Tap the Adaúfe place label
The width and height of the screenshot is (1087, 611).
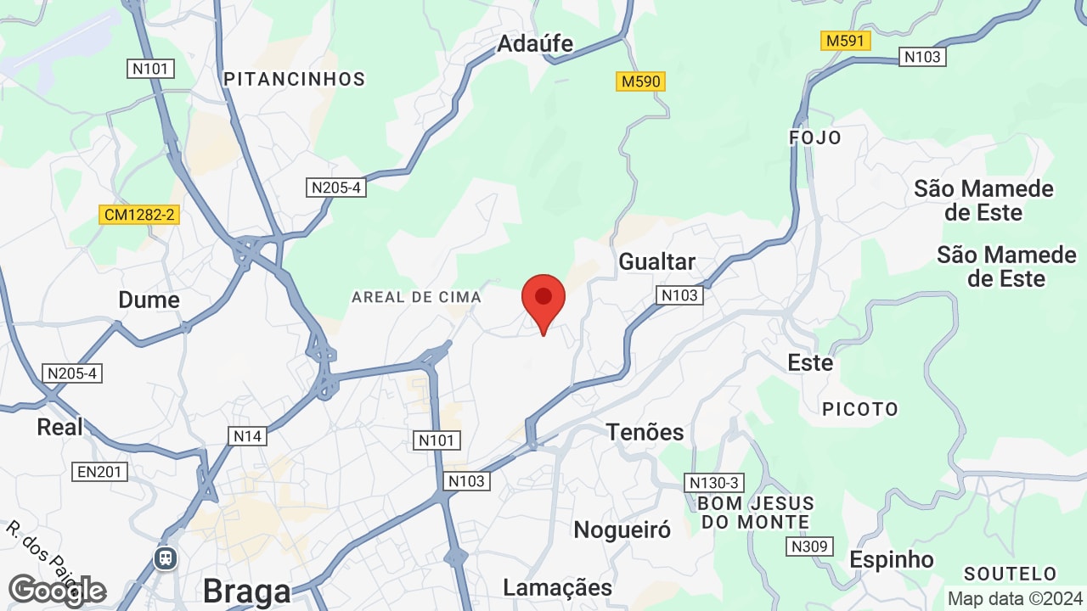[535, 43]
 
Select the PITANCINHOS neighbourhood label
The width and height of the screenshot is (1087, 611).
[294, 79]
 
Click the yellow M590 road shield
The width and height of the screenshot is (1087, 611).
[640, 81]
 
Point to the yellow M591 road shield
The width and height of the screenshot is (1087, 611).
[847, 41]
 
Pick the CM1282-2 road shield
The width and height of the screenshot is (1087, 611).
[139, 215]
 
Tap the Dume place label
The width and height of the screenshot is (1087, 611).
[149, 300]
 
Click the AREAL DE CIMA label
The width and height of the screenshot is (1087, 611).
[416, 297]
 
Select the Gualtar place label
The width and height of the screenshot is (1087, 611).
[656, 261]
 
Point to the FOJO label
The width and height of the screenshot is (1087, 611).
[815, 137]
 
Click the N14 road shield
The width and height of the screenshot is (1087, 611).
[247, 436]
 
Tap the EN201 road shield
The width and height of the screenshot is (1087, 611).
[100, 472]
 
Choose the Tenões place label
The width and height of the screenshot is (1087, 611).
[645, 432]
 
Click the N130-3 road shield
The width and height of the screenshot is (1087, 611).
[714, 483]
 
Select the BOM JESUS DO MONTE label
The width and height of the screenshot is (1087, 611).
[755, 513]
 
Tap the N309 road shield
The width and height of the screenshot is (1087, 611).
[808, 547]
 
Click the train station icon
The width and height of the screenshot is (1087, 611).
[164, 558]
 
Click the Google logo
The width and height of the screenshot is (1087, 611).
[57, 591]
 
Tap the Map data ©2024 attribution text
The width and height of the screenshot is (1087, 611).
[1014, 598]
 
